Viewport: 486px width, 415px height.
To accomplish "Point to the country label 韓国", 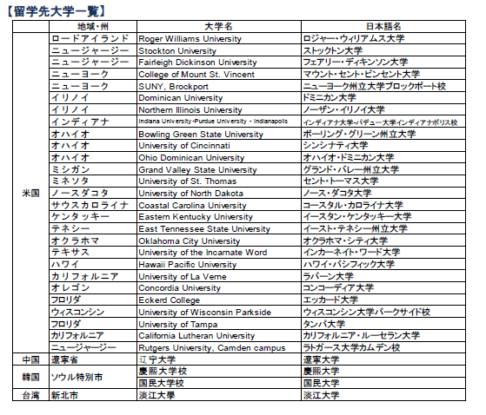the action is (30, 377).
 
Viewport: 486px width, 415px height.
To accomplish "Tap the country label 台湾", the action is (30, 395).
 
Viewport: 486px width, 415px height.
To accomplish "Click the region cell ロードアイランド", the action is (90, 39).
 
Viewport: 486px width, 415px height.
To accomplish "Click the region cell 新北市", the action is (66, 395).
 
